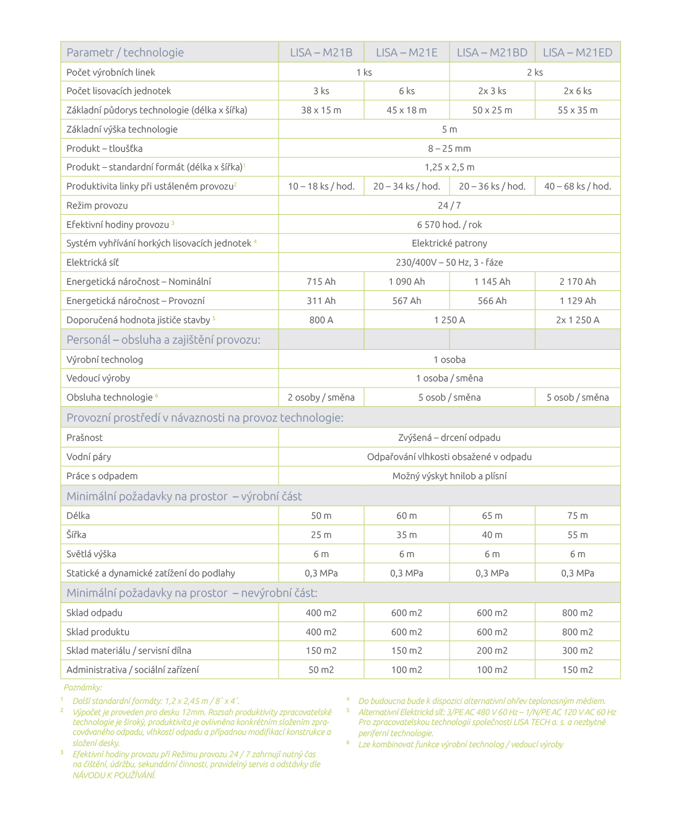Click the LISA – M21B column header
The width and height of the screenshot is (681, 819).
(x=321, y=53)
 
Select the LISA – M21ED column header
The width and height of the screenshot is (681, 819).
(x=577, y=53)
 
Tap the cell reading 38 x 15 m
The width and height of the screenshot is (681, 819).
(x=321, y=110)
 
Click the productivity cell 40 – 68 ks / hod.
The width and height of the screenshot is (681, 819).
(x=577, y=186)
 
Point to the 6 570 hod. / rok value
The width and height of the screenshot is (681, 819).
(x=449, y=225)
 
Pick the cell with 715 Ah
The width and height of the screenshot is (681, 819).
(x=321, y=282)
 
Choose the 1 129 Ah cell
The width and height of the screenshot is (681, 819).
(x=577, y=301)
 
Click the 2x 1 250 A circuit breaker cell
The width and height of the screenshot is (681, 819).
(x=577, y=320)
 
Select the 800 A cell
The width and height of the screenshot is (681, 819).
(x=321, y=320)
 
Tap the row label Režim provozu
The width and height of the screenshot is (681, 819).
(x=97, y=206)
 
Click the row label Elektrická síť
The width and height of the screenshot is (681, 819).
(x=92, y=262)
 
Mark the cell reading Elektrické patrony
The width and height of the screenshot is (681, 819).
(x=449, y=243)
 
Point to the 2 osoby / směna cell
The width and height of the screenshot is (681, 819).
(x=321, y=397)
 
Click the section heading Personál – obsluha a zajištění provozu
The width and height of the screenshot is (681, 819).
(x=163, y=340)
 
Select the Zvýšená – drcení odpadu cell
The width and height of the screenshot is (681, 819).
(x=449, y=438)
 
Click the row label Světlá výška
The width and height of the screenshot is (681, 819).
(x=91, y=554)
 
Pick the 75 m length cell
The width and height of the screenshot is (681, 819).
(x=577, y=516)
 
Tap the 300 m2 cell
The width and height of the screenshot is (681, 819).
(x=577, y=651)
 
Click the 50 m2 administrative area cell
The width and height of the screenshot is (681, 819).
(x=321, y=670)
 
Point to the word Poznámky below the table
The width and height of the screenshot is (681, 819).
(x=83, y=687)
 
